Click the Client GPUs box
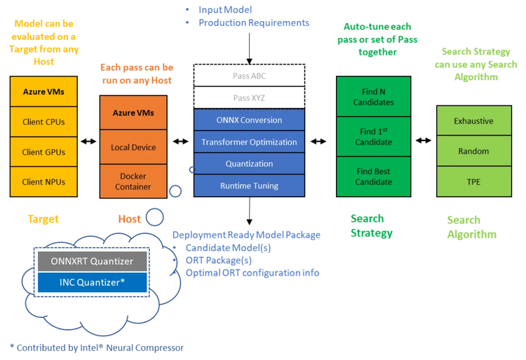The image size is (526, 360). point(43,152)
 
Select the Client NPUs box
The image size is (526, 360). point(43,182)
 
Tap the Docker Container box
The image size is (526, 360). point(133,181)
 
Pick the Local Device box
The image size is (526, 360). point(133,147)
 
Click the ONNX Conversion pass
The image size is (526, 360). point(249,119)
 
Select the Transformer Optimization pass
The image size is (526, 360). point(249,142)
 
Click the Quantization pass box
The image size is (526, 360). point(249,164)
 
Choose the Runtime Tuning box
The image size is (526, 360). point(249,186)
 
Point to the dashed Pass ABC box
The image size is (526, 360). point(249,75)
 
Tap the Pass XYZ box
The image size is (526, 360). point(249,98)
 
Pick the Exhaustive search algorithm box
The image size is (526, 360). point(473,121)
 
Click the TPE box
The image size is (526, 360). point(473,181)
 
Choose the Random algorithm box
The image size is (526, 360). point(473,151)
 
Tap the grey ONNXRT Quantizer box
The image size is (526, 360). point(93,261)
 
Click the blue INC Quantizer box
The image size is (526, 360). point(93,283)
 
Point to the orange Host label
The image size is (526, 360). point(129,219)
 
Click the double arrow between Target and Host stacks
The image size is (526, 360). point(88,142)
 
